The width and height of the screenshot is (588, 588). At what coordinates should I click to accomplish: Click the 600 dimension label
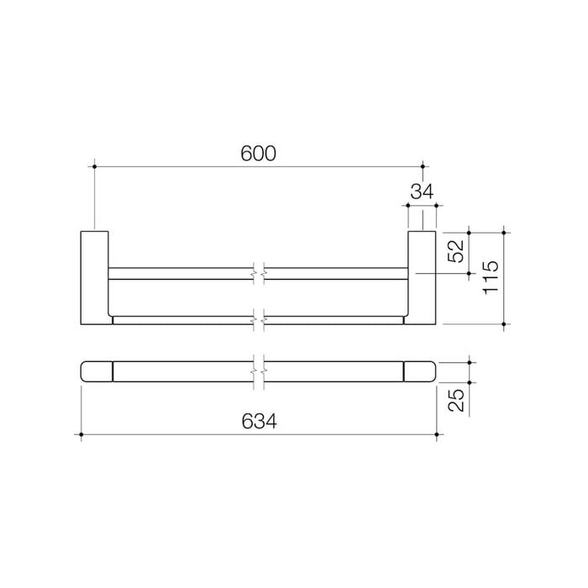pos(258,154)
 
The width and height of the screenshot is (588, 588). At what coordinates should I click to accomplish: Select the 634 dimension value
pos(259,421)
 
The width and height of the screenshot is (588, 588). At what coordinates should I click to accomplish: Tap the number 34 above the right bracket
pos(422,192)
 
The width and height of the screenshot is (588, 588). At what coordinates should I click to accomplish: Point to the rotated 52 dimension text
pos(456,251)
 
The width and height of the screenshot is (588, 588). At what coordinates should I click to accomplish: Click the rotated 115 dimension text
pos(491,276)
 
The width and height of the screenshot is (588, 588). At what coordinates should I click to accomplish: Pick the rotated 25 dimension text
pos(456,400)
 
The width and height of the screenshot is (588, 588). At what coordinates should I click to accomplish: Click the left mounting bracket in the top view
pos(95,277)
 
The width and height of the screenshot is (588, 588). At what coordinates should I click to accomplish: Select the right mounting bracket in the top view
pos(422,277)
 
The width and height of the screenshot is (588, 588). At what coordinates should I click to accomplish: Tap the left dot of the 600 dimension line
pos(94,166)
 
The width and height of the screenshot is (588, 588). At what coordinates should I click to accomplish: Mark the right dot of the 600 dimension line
pos(423,166)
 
